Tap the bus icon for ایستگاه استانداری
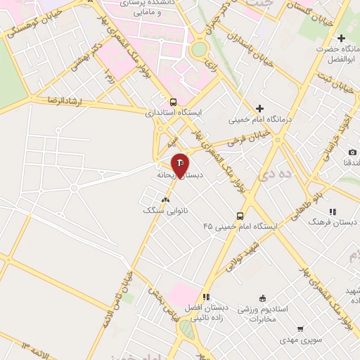pyautogui.click(x=173, y=101)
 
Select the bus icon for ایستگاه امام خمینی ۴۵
pyautogui.click(x=240, y=216)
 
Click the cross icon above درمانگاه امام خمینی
pyautogui.click(x=259, y=108)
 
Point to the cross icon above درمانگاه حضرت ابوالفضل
pyautogui.click(x=342, y=38)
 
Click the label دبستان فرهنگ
pyautogui.click(x=335, y=221)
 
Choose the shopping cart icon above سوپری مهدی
pyautogui.click(x=300, y=328)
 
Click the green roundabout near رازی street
pyautogui.click(x=199, y=49)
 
